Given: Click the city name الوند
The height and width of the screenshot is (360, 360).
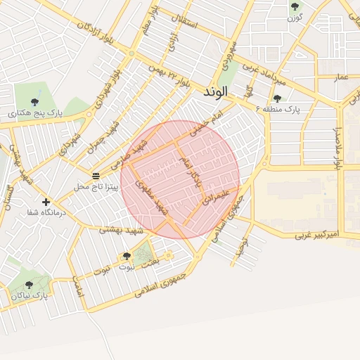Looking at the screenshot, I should pos(216,92).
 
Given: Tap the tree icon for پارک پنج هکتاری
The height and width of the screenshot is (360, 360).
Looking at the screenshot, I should pos(34,102).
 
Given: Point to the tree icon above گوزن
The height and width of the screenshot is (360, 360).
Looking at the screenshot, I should pos(295,6).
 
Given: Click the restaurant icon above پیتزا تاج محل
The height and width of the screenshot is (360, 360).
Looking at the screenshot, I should pos(96,175).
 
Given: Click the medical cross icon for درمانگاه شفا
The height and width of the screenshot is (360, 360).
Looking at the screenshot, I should pos(46,202).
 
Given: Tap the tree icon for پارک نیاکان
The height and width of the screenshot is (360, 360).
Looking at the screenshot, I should pos(29,285).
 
